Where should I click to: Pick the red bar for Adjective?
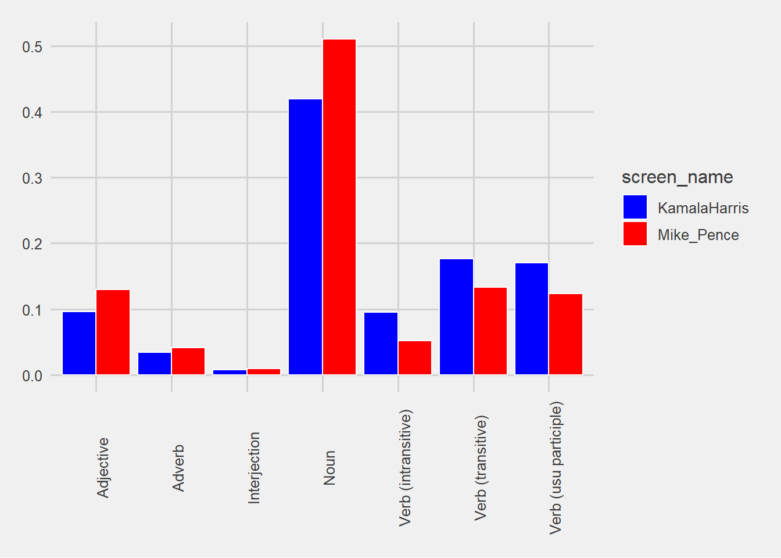[113, 332]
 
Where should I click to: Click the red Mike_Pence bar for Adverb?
[188, 361]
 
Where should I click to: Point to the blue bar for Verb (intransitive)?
[381, 344]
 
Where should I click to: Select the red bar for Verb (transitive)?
[490, 331]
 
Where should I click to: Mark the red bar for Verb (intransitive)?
[415, 357]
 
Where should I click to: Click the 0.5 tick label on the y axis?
[33, 47]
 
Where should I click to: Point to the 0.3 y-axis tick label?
[33, 178]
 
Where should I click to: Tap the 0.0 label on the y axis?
[33, 376]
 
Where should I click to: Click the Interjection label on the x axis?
[254, 467]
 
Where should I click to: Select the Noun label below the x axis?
[329, 467]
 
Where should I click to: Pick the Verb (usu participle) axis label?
[556, 467]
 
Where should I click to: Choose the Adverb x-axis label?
[178, 468]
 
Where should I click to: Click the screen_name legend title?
[677, 177]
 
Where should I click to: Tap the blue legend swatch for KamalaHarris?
[635, 208]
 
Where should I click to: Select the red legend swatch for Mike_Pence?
[635, 234]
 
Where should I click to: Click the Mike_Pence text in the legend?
[698, 235]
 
